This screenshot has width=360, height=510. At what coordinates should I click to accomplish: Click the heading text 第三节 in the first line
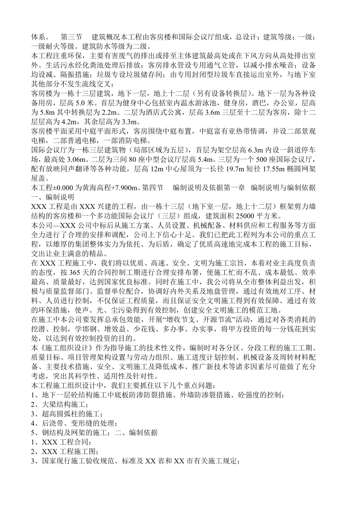(71, 38)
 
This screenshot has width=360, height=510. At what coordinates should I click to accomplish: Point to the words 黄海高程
(98, 188)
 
